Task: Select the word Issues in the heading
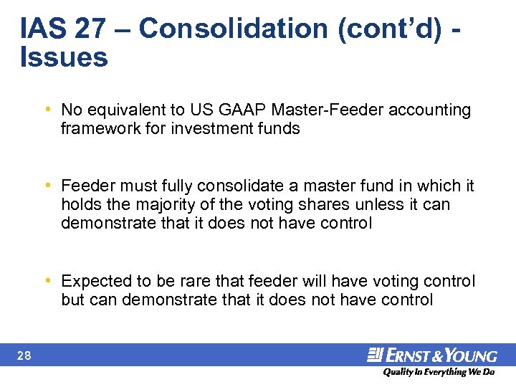[64, 57]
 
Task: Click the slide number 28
[24, 355]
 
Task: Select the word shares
[326, 205]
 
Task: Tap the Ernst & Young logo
[431, 355]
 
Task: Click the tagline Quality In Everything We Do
[438, 372]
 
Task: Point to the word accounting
[432, 110]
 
